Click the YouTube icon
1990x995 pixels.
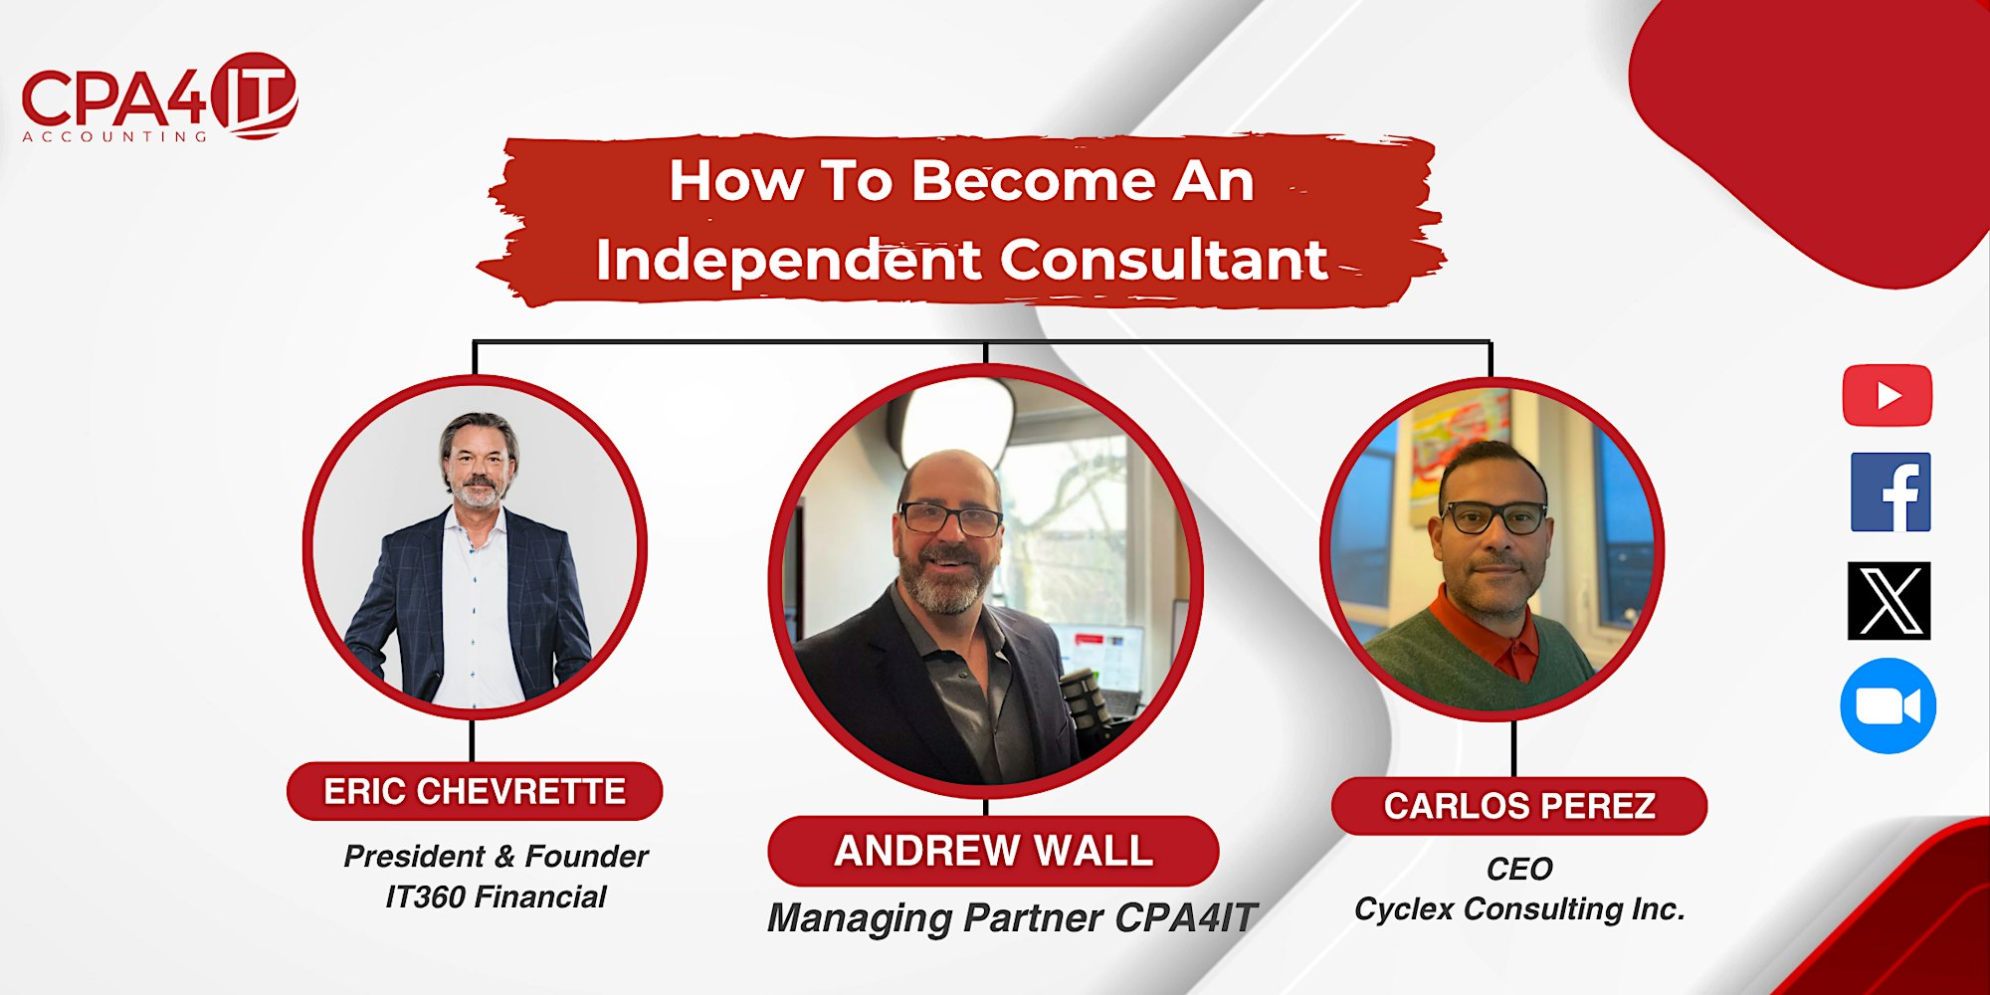(x=1888, y=396)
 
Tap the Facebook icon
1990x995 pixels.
(x=1890, y=493)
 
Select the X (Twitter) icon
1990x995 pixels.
(x=1889, y=601)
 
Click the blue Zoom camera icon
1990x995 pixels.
(x=1888, y=705)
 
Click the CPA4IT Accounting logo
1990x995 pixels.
(x=159, y=98)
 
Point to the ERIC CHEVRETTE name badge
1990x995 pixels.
(x=475, y=792)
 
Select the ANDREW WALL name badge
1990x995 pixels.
(x=993, y=851)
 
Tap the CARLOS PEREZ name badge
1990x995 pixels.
(x=1519, y=806)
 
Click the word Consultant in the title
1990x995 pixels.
(x=1164, y=260)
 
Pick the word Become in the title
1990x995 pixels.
(x=1034, y=181)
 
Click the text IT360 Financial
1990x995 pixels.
(x=496, y=897)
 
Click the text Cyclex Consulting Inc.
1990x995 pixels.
(x=1519, y=909)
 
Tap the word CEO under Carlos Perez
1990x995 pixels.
(x=1519, y=869)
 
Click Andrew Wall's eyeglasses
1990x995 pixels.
(x=950, y=518)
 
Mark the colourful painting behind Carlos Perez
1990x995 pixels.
(x=1458, y=448)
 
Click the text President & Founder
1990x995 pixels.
(x=496, y=857)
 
